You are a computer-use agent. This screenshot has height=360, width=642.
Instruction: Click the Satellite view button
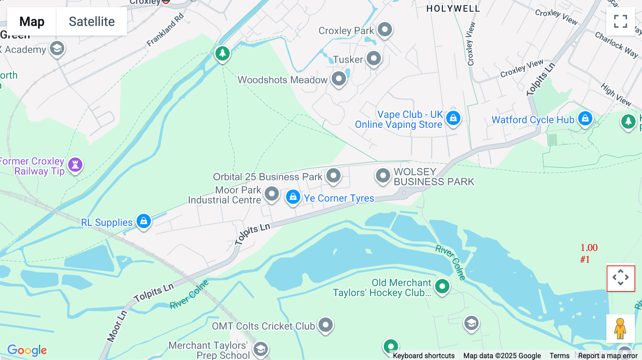[x=92, y=22]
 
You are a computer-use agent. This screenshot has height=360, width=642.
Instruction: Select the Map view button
[x=32, y=22]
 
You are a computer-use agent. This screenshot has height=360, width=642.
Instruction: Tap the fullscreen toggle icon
[x=621, y=21]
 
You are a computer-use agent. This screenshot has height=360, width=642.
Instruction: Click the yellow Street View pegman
[x=620, y=329]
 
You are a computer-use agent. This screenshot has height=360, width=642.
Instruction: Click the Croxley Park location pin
[x=385, y=30]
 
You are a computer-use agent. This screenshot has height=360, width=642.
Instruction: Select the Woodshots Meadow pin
[x=338, y=79]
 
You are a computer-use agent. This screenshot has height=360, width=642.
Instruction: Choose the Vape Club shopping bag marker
[x=453, y=118]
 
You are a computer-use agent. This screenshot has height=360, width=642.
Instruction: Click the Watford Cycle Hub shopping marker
[x=585, y=118]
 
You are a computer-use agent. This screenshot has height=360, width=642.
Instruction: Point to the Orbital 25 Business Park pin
[x=333, y=176]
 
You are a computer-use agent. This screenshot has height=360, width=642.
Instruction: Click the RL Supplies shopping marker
[x=144, y=221]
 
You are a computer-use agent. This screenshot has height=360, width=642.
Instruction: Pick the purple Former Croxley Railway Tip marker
[x=75, y=165]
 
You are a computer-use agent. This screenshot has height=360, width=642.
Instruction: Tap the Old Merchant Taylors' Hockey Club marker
[x=442, y=286]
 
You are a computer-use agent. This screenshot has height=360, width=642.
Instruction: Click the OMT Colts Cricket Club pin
[x=325, y=325]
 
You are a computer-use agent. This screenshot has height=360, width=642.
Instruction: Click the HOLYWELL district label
[x=453, y=9]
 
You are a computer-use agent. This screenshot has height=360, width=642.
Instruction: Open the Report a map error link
[x=608, y=356]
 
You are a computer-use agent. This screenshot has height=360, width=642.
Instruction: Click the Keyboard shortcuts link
[x=424, y=356]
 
